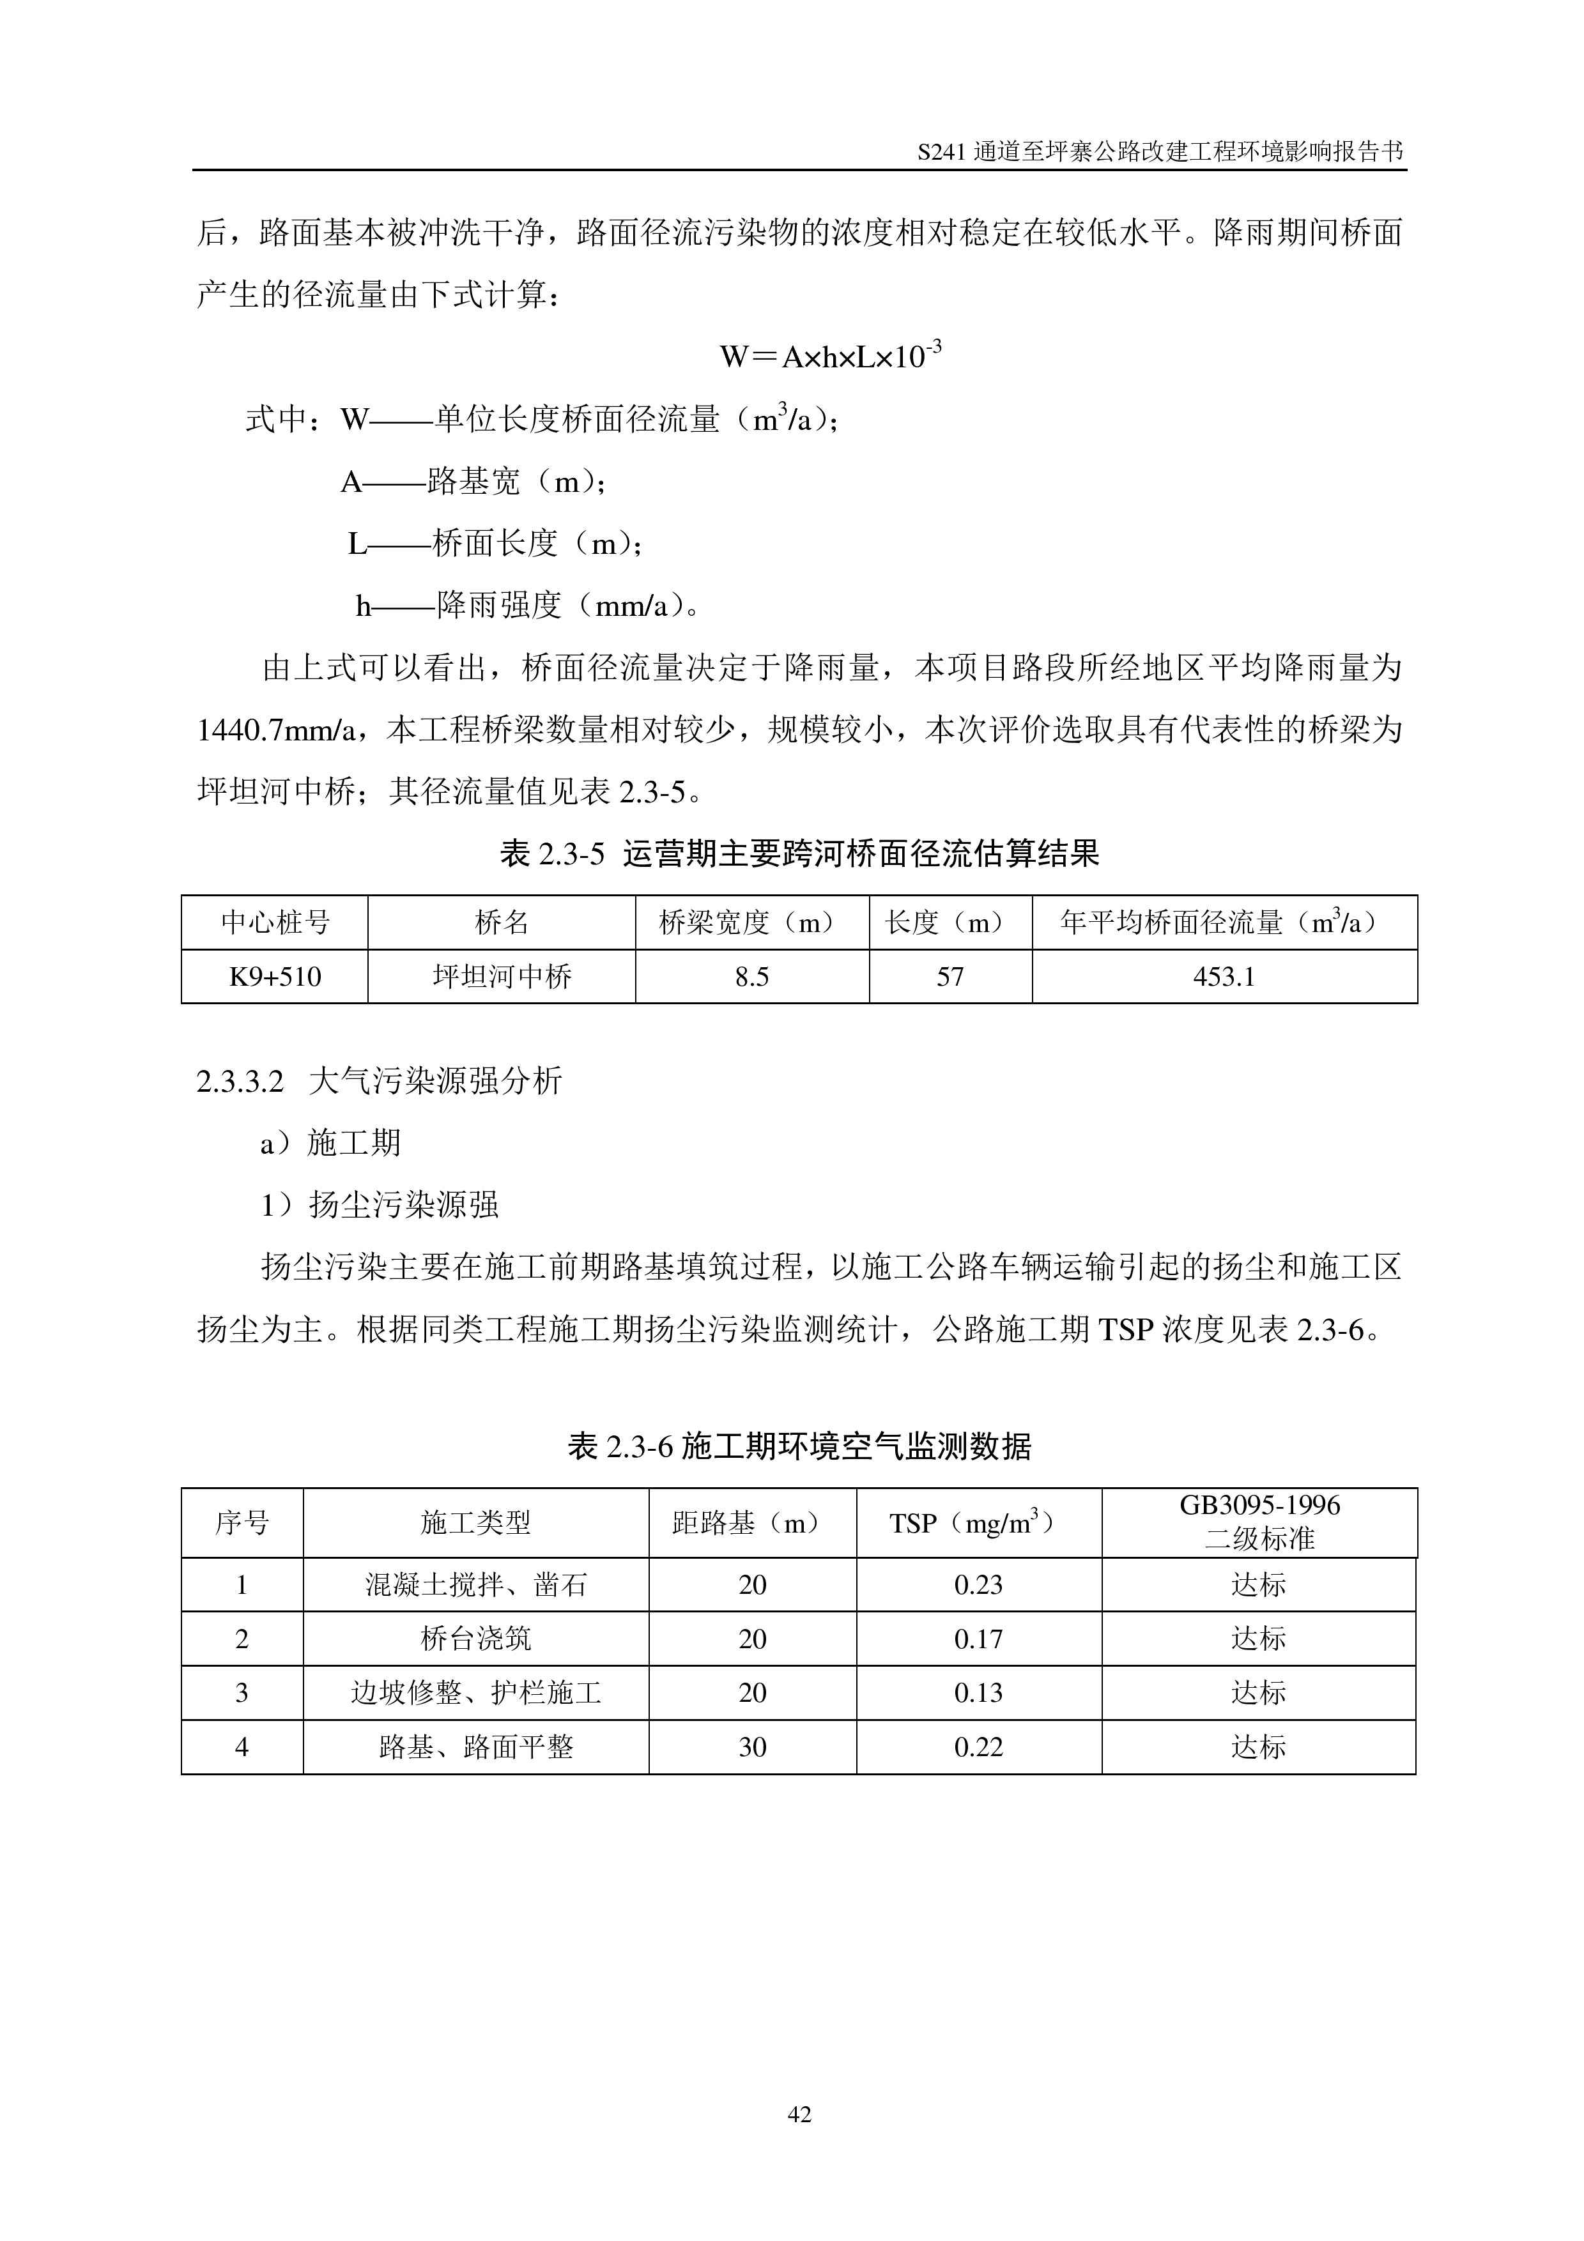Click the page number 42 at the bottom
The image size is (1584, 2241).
pos(798,2114)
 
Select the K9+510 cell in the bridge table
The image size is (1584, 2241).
pos(275,977)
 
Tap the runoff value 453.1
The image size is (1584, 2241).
pos(1224,977)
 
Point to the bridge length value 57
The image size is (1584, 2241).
pos(950,977)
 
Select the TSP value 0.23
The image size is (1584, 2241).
pos(978,1585)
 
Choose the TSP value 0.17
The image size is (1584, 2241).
pos(978,1639)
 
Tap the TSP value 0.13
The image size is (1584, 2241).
pos(978,1692)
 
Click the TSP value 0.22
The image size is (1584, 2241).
pos(978,1747)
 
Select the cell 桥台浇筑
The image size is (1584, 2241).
pos(475,1639)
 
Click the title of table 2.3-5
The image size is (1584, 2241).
pos(798,854)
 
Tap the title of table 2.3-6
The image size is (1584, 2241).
pos(798,1446)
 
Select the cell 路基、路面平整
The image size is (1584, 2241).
pos(475,1747)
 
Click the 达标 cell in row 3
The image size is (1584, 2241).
pos(1258,1692)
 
